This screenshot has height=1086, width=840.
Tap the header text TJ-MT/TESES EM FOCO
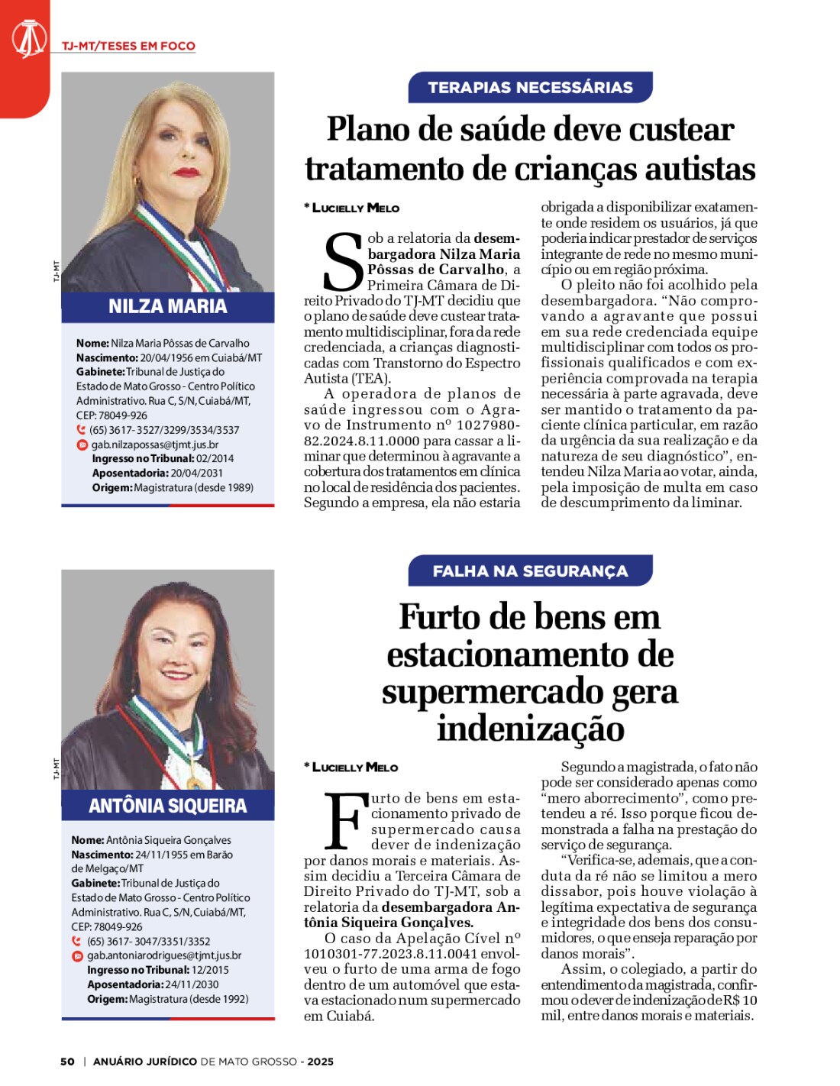(128, 46)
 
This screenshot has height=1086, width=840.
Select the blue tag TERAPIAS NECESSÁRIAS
(530, 88)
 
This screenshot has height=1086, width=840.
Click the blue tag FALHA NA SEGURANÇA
(530, 571)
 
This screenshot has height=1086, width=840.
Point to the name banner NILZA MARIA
(167, 307)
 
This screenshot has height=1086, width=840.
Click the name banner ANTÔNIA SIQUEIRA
(167, 806)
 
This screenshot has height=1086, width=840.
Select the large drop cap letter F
(344, 823)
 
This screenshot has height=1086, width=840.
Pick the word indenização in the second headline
(530, 728)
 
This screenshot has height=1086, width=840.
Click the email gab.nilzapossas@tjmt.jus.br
(155, 444)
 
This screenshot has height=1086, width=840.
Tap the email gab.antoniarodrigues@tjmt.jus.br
(164, 955)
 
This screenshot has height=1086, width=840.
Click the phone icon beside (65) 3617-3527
(82, 430)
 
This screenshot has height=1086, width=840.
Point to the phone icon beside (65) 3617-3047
(77, 942)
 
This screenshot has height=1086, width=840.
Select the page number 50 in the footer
(67, 1062)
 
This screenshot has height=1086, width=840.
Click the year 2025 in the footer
(321, 1062)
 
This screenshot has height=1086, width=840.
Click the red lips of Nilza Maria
(186, 172)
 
